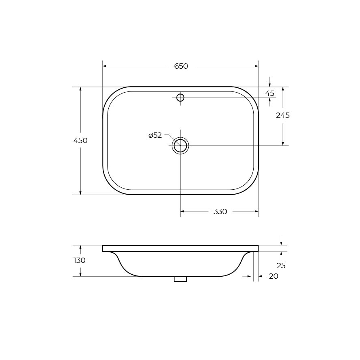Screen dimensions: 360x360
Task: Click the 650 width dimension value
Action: click(x=181, y=66)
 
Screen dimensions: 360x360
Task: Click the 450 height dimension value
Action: click(x=80, y=140)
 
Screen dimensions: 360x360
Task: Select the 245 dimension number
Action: click(x=283, y=115)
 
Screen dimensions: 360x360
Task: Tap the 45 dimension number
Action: click(x=270, y=93)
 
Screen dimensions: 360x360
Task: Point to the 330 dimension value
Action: click(x=220, y=212)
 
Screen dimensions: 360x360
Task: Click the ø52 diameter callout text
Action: click(x=155, y=135)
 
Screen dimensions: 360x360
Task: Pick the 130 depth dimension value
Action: click(x=80, y=260)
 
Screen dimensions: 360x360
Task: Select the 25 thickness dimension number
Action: click(x=281, y=265)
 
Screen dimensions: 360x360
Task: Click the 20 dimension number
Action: click(x=274, y=276)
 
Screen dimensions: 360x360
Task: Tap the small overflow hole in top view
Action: click(x=181, y=98)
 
